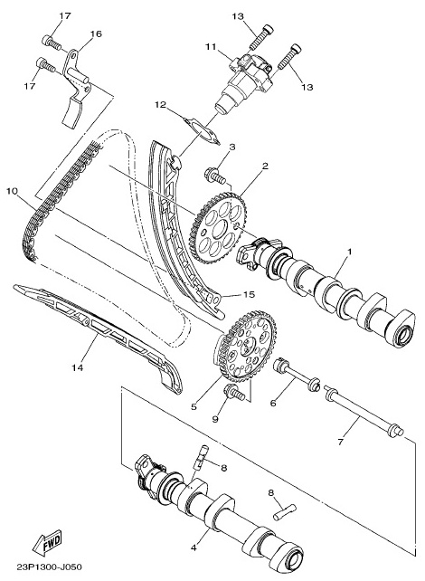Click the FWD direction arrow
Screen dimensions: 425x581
(47, 543)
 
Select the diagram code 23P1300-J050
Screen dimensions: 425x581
(50, 567)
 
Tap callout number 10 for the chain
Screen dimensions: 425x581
(12, 191)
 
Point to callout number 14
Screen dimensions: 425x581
(78, 367)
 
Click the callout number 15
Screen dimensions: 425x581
(250, 294)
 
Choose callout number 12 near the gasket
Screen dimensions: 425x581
(161, 105)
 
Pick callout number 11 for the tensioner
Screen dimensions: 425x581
(211, 47)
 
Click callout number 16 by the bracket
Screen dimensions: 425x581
(96, 33)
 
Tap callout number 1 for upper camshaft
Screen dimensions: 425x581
(349, 252)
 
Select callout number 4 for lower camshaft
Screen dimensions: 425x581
(194, 547)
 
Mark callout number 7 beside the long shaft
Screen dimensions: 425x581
(341, 442)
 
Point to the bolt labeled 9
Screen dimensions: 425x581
(234, 393)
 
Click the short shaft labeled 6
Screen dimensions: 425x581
(297, 375)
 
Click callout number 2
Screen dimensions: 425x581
(265, 166)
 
